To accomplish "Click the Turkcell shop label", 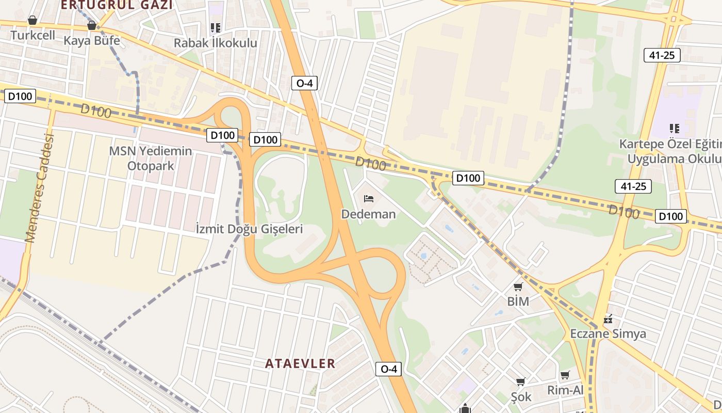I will point(32,35).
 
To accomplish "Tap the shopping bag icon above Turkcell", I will point(32,20).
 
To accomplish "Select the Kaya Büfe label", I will point(92,40).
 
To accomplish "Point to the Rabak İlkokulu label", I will point(215,43).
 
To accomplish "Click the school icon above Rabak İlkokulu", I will point(215,28).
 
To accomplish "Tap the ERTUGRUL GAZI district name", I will point(117,5).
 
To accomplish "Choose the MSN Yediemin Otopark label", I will point(151,158).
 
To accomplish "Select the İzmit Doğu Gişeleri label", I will point(249,229).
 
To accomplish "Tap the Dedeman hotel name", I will point(368,214).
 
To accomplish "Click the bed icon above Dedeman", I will point(368,198).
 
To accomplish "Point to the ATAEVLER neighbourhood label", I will point(300,363).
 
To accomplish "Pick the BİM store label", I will point(518,301).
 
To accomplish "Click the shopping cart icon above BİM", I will point(518,287).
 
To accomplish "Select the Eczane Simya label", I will point(608,333).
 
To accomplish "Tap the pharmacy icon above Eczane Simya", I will point(608,319).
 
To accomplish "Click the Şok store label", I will point(521,396).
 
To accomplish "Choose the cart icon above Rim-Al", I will point(565,375).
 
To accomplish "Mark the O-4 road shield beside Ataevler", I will point(388,369).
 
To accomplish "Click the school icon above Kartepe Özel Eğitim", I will point(674,128).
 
